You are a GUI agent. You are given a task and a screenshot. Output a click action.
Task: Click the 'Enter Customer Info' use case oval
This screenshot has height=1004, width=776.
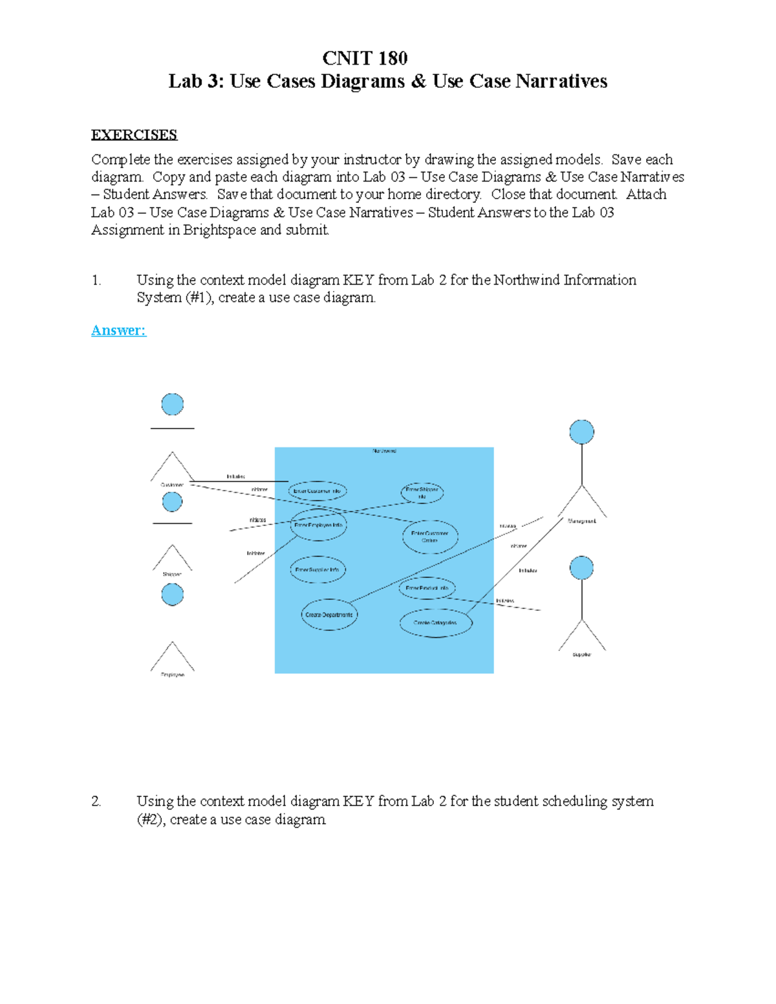pos(317,491)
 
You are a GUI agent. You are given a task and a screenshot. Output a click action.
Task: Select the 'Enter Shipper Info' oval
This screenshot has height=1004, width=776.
pos(422,493)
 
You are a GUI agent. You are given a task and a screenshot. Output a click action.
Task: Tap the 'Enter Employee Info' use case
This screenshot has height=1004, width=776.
pos(318,525)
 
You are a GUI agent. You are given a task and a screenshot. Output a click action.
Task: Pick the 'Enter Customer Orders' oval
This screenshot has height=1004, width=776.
pos(430,537)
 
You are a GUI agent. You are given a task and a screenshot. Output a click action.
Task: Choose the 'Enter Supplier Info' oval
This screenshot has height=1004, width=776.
pos(317,570)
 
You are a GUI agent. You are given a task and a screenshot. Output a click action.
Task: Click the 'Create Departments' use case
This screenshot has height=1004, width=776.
pos(329,615)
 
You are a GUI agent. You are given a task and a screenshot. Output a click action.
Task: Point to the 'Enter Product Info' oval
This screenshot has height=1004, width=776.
pos(427,588)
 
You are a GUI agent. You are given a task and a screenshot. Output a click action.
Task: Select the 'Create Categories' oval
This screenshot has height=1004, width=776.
pos(435,623)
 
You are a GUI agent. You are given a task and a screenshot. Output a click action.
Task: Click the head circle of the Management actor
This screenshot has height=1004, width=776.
pos(581,432)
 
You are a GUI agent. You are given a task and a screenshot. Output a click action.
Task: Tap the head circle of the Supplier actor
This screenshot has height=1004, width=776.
pos(581,568)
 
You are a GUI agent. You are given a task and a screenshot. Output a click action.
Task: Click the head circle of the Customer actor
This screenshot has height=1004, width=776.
pos(172,404)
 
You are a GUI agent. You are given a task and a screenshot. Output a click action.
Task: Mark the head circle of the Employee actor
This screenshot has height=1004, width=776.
pos(172,594)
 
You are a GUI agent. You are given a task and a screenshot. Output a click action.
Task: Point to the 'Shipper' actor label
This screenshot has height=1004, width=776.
pos(172,574)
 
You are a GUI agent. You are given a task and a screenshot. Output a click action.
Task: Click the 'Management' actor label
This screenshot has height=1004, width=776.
pos(581,521)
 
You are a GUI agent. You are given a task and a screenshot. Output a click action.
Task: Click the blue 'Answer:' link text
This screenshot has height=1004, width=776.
pos(118,330)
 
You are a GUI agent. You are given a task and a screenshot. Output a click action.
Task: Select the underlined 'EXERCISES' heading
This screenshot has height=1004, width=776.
pos(134,134)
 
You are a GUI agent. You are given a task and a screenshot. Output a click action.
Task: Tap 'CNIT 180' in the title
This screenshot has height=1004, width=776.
pos(365,58)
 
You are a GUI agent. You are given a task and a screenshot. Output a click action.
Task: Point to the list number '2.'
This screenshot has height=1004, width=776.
pos(96,801)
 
